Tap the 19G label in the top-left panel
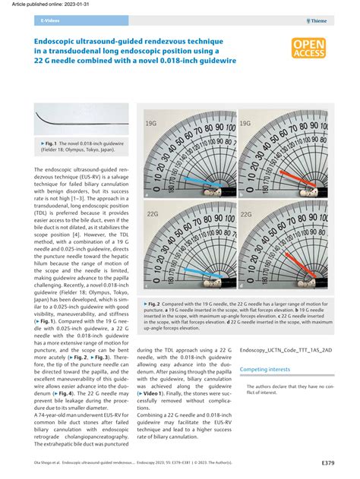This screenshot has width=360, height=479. [x=153, y=121]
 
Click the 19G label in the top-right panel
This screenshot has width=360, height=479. [x=248, y=121]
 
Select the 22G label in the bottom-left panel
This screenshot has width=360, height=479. [x=153, y=215]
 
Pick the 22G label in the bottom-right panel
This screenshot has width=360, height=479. [x=248, y=215]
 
